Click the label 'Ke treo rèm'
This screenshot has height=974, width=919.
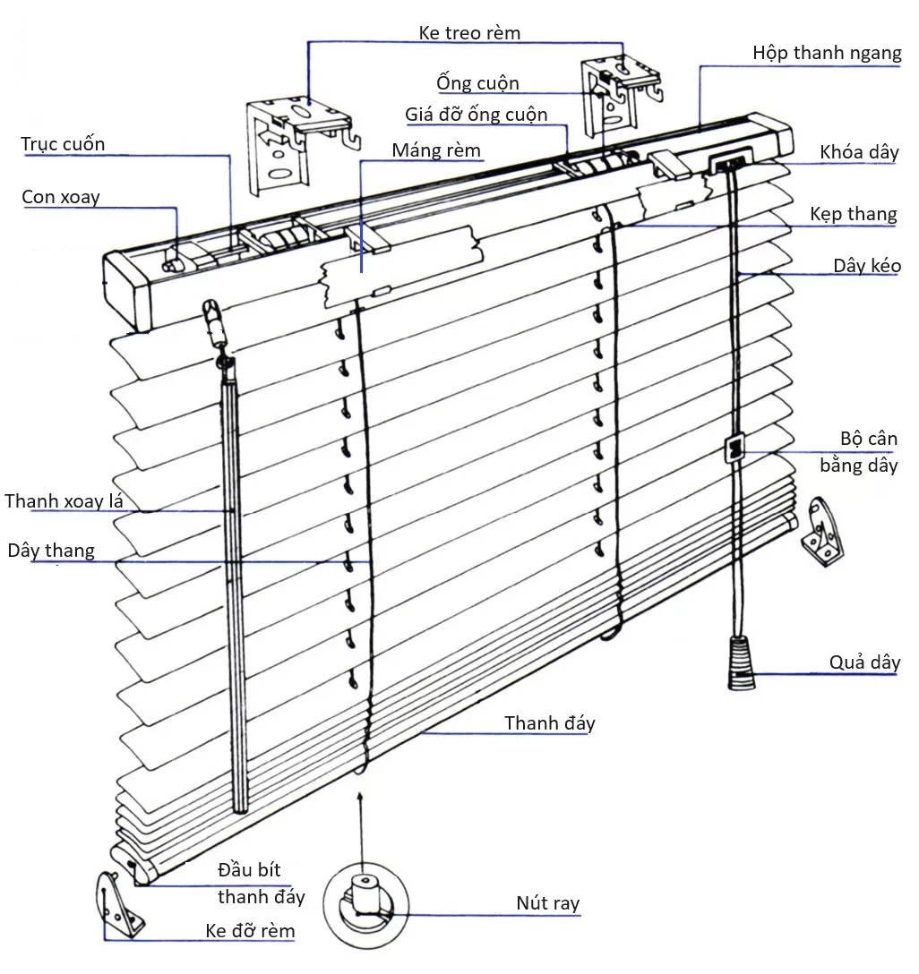469,33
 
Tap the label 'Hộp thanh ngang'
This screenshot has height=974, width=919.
827,53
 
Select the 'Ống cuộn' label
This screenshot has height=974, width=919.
477,84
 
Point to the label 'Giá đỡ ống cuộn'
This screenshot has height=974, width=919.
476,115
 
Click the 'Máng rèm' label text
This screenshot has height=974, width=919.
436,150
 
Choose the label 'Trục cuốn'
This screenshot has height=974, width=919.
63,144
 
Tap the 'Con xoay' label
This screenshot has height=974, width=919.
61,197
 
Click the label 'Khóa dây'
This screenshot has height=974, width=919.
859,152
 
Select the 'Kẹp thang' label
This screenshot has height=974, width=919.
853,214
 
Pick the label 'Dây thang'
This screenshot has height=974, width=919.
51,550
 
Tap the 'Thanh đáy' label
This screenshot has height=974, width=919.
549,723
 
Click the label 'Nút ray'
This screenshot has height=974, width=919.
547,903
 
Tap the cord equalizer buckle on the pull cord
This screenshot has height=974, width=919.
734,449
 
